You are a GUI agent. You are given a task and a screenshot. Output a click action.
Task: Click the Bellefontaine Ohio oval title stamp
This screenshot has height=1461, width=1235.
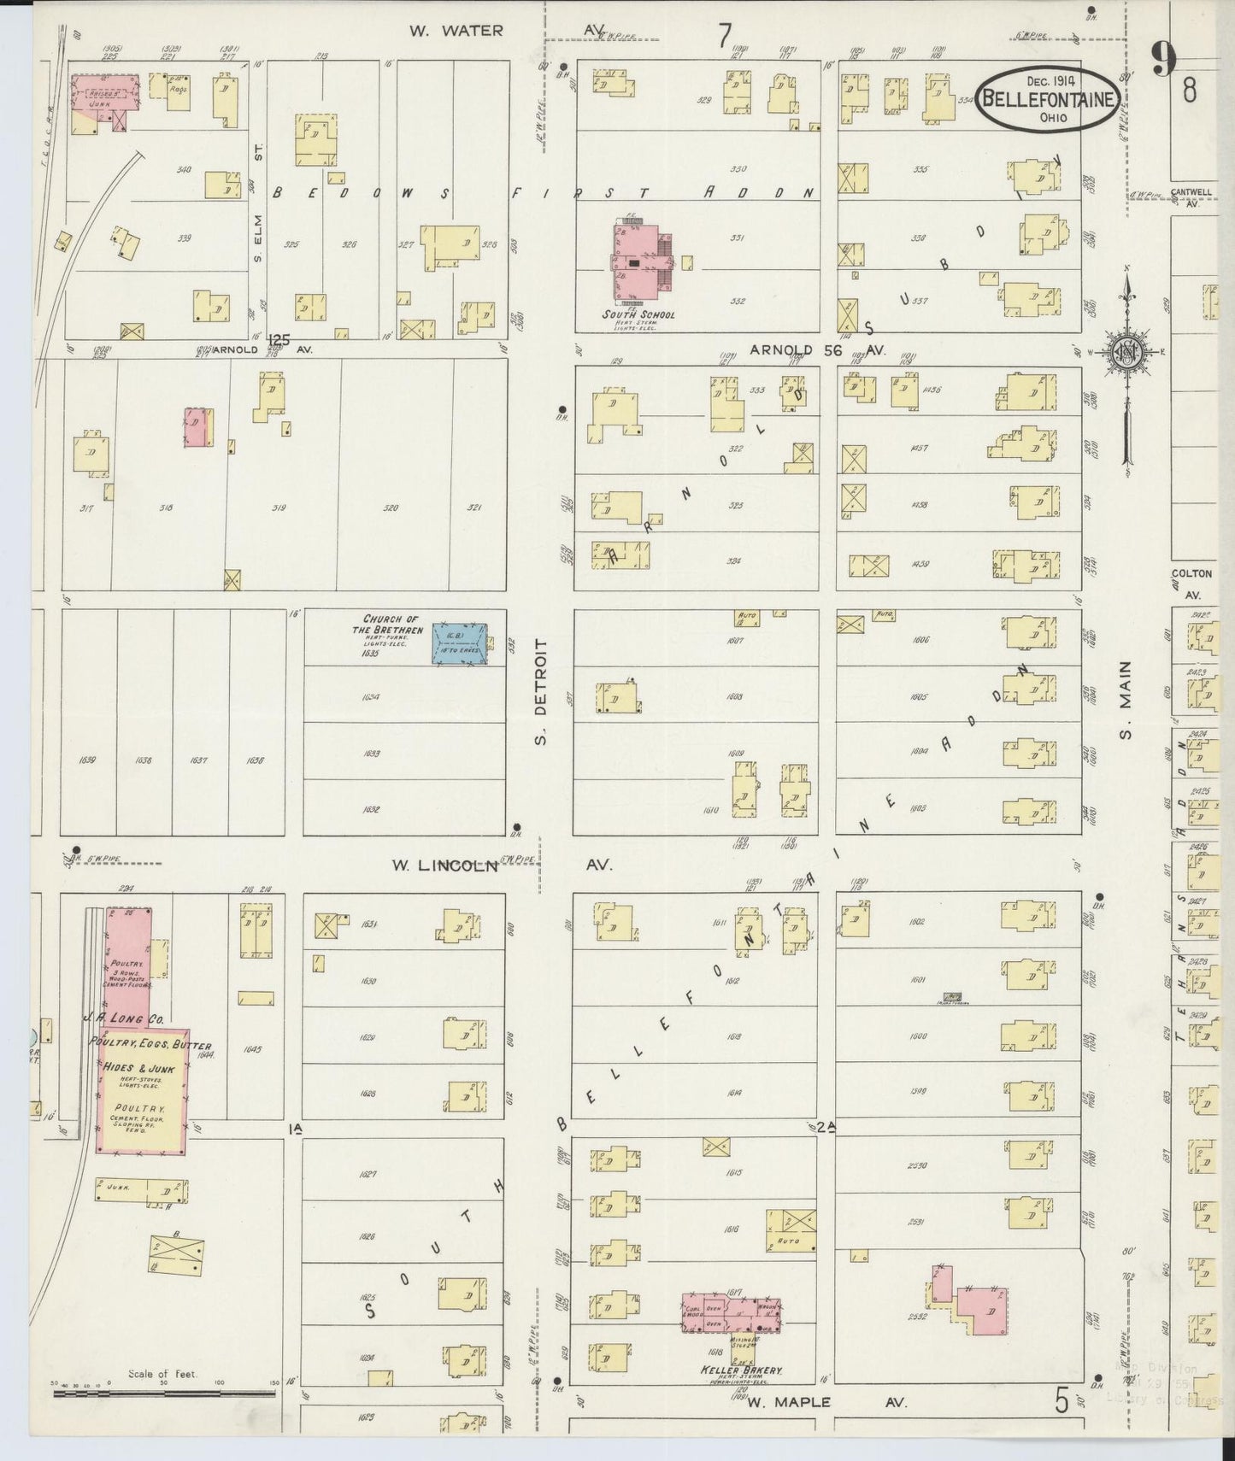[1048, 99]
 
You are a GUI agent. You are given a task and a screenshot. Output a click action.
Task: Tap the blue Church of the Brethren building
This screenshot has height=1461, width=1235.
[459, 643]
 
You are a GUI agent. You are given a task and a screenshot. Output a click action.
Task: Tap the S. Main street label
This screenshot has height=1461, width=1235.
[1126, 699]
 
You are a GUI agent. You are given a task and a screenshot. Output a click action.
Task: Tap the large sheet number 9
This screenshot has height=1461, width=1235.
[1164, 60]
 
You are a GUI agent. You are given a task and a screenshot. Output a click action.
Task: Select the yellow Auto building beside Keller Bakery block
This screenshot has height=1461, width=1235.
[789, 1239]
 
